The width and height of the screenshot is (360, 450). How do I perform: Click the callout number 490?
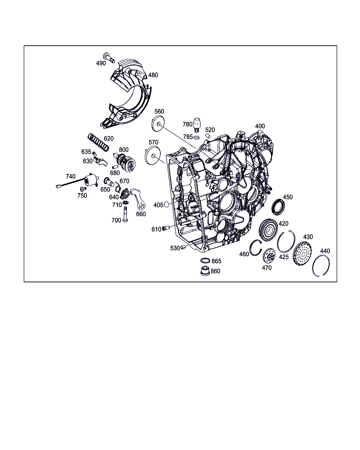[x=101, y=63]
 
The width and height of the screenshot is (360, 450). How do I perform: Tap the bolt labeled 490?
[x=109, y=58]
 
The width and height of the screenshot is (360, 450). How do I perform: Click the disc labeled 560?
[x=158, y=124]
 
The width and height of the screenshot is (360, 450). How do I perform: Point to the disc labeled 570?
[x=153, y=156]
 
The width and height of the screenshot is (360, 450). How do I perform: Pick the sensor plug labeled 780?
[x=197, y=125]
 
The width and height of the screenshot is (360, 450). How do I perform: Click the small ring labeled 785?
[x=197, y=137]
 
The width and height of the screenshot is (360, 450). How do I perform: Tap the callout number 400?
[x=260, y=126]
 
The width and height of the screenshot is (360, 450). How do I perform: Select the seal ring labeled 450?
[x=278, y=207]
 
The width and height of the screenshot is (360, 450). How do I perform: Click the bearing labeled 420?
[x=268, y=230]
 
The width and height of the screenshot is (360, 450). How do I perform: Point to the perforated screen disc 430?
[x=302, y=253]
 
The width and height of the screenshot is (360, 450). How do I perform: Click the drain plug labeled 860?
[x=205, y=271]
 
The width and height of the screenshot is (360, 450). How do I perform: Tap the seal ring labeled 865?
[x=205, y=261]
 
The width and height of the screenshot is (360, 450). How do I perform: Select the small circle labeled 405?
[x=166, y=205]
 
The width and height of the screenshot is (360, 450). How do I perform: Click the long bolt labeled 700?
[x=125, y=214]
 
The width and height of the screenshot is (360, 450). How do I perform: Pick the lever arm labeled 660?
[x=138, y=198]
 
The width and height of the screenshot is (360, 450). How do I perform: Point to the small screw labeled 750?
[x=83, y=189]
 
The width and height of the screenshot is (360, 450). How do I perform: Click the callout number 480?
[x=153, y=75]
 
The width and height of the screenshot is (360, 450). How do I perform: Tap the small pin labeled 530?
[x=183, y=247]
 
